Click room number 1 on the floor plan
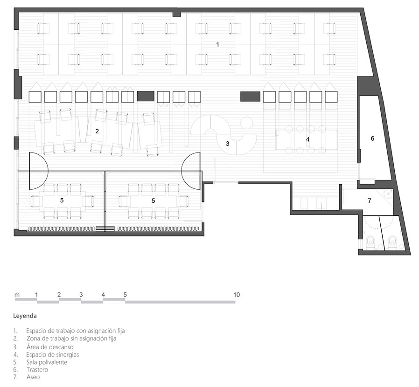pyautogui.click(x=217, y=44)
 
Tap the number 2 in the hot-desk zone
pyautogui.click(x=97, y=131)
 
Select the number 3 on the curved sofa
pyautogui.click(x=227, y=144)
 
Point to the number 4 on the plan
pyautogui.click(x=308, y=139)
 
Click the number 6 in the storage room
pyautogui.click(x=372, y=138)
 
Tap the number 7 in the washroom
pyautogui.click(x=370, y=200)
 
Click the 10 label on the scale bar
pyautogui.click(x=237, y=295)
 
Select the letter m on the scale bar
pyautogui.click(x=17, y=295)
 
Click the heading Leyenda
pyautogui.click(x=25, y=316)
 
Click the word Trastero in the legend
pyautogui.click(x=37, y=370)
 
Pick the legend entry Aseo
pyautogui.click(x=33, y=377)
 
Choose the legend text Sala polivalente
pyautogui.click(x=47, y=362)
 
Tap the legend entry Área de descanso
pyautogui.click(x=50, y=347)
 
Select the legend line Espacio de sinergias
pyautogui.click(x=53, y=355)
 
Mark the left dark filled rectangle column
pyautogui.click(x=146, y=96)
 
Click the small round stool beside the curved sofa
pyautogui.click(x=246, y=124)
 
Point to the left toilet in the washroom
pyautogui.click(x=370, y=241)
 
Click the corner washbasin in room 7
pyautogui.click(x=388, y=193)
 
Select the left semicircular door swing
pyautogui.click(x=39, y=171)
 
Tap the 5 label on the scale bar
pyautogui.click(x=125, y=295)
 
